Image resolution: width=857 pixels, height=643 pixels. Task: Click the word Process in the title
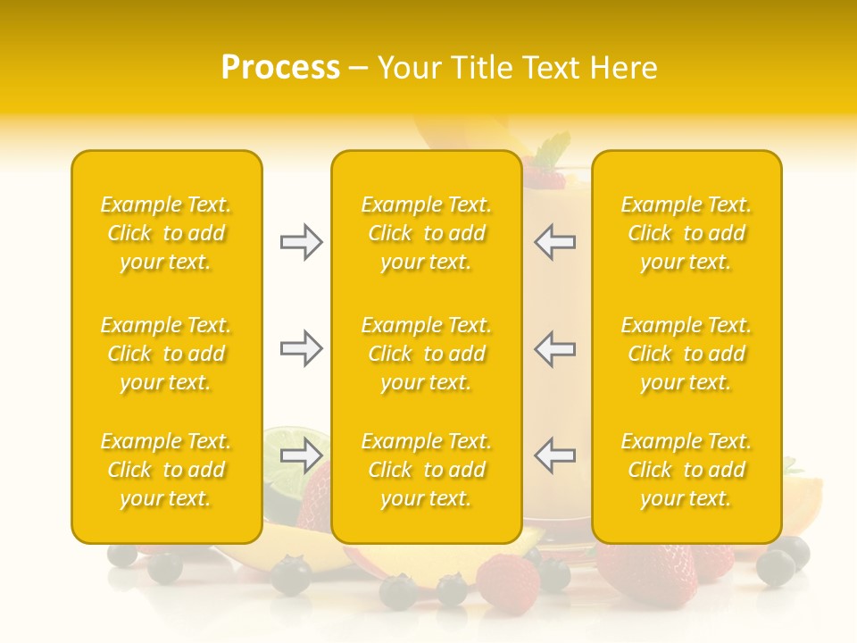tap(280, 68)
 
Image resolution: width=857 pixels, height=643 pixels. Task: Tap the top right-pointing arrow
tap(301, 242)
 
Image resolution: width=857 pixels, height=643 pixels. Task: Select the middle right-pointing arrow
tap(301, 347)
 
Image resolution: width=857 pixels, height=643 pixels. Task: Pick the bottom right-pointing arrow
tap(301, 455)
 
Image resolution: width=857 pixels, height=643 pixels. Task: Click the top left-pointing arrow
tap(555, 242)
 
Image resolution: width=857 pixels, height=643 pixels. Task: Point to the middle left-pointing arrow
tap(555, 347)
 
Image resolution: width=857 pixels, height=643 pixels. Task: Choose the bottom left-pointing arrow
tap(555, 455)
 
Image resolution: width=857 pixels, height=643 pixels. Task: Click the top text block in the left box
tap(166, 233)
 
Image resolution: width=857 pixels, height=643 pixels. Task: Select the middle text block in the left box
tap(166, 354)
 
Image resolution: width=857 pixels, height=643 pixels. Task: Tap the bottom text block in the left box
tap(166, 470)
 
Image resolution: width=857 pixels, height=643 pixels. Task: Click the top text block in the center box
tap(426, 233)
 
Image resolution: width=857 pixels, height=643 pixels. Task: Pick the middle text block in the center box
tap(426, 354)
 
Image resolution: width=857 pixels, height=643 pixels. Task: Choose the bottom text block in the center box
tap(426, 470)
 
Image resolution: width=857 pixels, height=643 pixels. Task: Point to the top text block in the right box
tap(686, 233)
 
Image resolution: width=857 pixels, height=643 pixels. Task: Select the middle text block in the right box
tap(686, 354)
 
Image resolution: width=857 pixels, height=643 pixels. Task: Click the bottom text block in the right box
tap(686, 470)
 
